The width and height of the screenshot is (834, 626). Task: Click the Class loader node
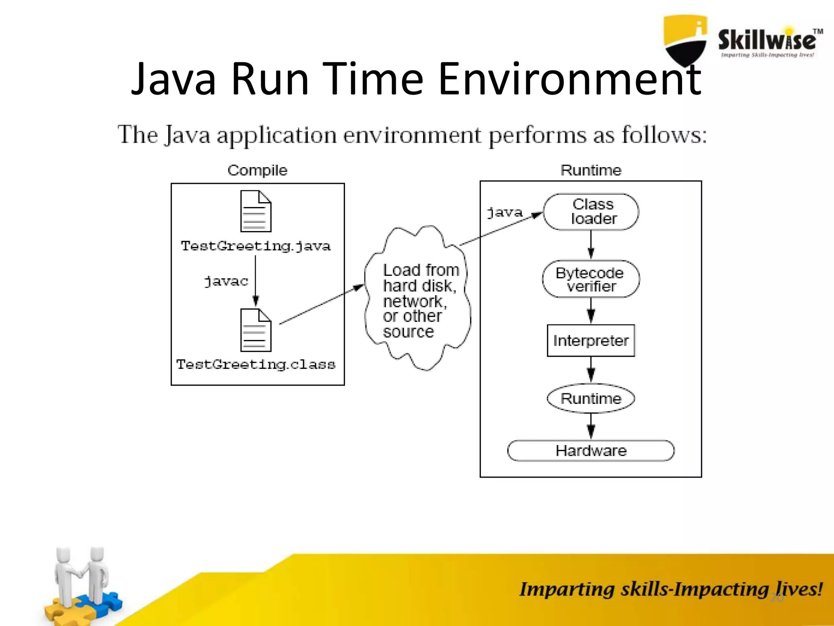[x=591, y=212]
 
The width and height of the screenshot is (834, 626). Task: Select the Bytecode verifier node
[x=591, y=279]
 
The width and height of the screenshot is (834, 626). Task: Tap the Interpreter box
[x=591, y=341]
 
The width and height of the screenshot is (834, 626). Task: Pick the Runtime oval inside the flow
[x=591, y=399]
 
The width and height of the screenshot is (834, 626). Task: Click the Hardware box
[x=591, y=451]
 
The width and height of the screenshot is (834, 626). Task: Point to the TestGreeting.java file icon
[x=256, y=211]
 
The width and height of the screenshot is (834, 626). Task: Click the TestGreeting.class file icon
[x=256, y=330]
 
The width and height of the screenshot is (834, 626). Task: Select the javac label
[x=226, y=281]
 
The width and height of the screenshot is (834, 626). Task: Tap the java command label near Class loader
[x=505, y=212]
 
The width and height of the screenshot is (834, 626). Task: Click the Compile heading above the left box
[x=257, y=170]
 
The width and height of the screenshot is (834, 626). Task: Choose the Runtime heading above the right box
[x=591, y=170]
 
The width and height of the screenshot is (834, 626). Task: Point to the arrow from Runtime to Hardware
[x=591, y=426]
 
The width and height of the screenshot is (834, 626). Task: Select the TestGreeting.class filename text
[x=256, y=364]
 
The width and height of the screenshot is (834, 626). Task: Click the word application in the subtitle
[x=277, y=136]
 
